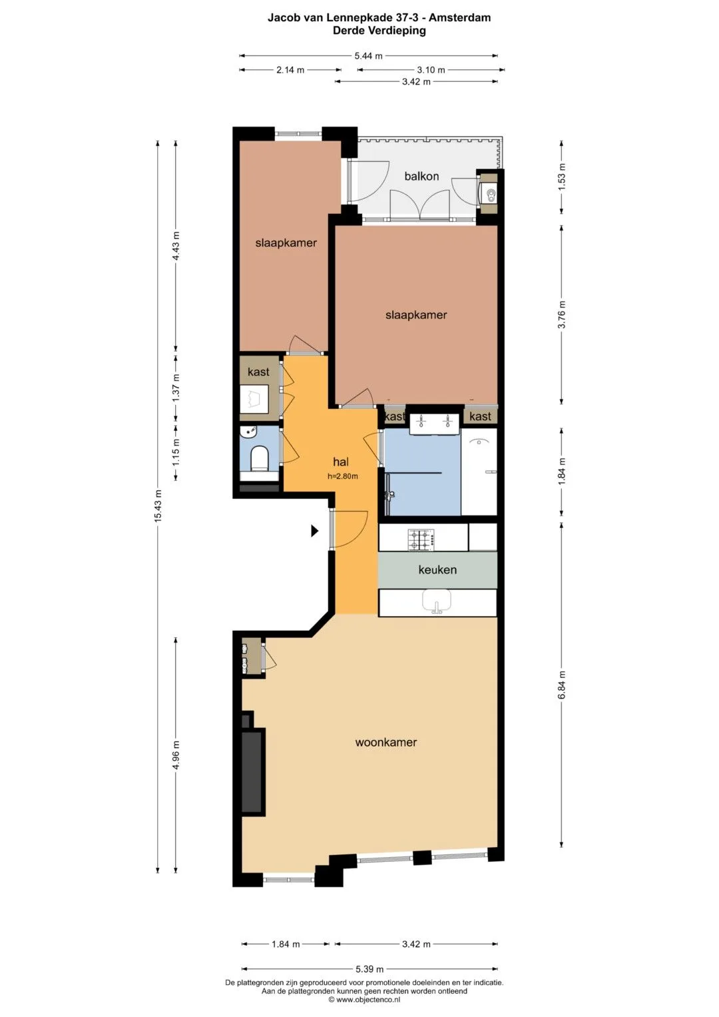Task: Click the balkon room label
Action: coord(421,176)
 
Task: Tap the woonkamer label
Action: coord(385,743)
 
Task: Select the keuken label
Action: coord(437,570)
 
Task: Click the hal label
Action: coord(341,462)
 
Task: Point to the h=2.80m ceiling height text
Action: coord(343,476)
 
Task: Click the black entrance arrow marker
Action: coord(314,530)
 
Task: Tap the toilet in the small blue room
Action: coord(260,458)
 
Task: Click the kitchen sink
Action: coord(436,601)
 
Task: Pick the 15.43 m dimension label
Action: coord(158,506)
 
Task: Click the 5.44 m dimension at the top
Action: coord(368,57)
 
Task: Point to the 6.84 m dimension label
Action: coord(562,685)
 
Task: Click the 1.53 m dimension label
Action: coord(562,176)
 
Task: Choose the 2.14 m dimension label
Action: coord(290,70)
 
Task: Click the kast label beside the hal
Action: coord(258,372)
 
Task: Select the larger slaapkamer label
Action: coord(416,314)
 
